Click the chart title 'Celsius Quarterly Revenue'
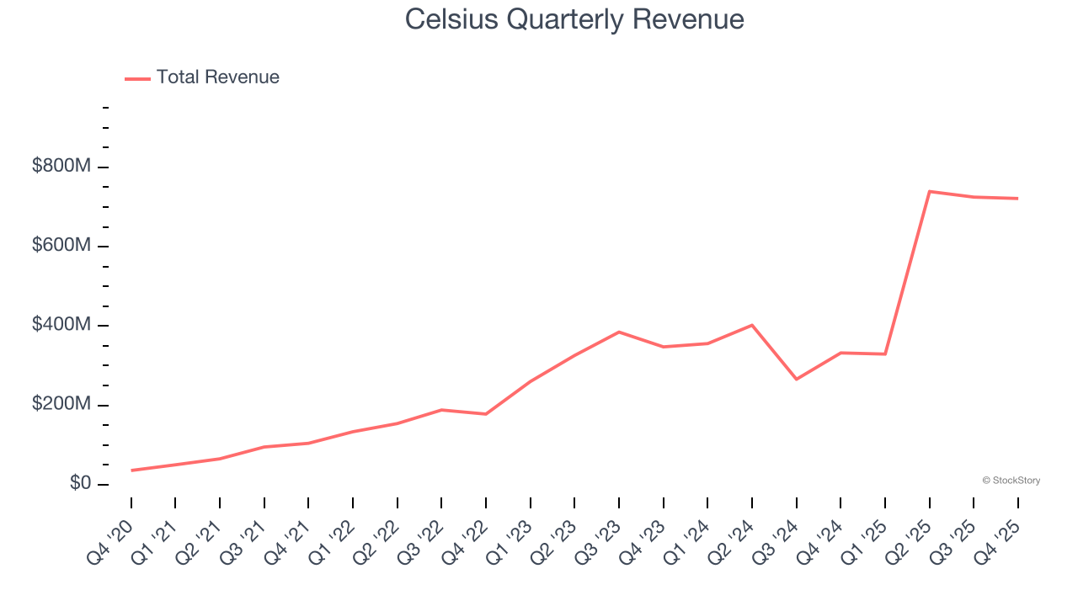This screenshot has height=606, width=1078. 574,19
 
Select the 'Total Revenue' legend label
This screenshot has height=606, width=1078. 217,77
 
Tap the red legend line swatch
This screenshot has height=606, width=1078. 137,78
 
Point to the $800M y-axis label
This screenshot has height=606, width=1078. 61,166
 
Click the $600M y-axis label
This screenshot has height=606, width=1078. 61,245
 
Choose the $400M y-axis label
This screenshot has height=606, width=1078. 61,325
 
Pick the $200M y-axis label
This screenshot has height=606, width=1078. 61,404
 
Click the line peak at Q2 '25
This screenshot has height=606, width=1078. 929,191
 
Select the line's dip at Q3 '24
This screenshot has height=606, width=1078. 796,379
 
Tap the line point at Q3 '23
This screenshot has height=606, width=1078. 619,332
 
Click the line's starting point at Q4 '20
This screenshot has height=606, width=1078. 131,470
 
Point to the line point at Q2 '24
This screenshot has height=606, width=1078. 751,325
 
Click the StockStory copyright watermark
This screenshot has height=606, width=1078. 1011,481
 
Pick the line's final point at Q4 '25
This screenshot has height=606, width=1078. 1017,199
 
